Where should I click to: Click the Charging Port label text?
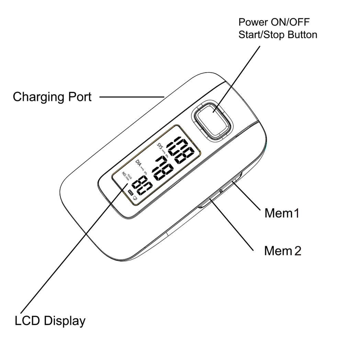tap(52, 97)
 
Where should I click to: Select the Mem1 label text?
tap(282, 213)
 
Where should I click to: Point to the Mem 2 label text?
tap(282, 251)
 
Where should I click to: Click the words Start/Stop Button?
tap(278, 35)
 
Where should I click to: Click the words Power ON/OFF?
tap(274, 22)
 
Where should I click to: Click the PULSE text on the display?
tap(130, 177)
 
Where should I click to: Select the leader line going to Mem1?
tap(247, 196)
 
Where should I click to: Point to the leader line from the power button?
tap(237, 77)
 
